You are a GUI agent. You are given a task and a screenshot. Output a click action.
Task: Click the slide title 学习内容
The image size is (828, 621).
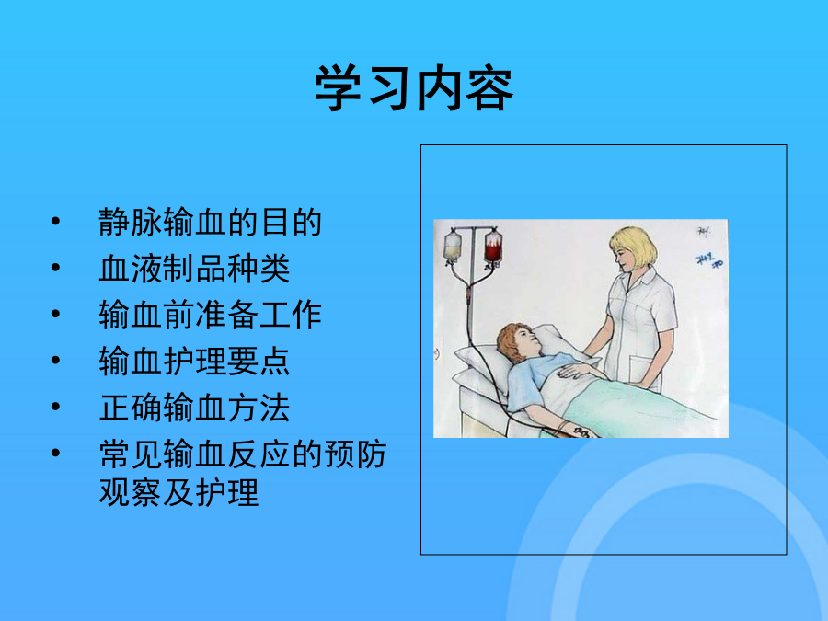point(414,88)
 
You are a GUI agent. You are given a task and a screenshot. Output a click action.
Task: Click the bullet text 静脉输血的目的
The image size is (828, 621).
point(210,223)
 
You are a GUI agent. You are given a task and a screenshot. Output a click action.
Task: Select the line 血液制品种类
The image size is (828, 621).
point(194,269)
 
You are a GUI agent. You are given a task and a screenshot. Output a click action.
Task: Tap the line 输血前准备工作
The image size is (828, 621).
point(210,316)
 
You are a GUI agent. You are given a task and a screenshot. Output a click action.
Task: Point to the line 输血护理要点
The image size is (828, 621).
point(194,362)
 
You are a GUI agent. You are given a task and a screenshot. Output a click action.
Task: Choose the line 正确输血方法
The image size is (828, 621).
point(194,408)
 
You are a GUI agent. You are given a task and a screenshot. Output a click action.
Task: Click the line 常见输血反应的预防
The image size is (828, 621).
point(243,454)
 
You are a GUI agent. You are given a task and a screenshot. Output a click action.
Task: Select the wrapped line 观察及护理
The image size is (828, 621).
point(178,492)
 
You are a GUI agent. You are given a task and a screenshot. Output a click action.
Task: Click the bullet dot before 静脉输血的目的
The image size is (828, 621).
point(55,221)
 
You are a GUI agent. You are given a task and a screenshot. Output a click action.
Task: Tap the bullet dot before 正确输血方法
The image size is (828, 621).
point(55,407)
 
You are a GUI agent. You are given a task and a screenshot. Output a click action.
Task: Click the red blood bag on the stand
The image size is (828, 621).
point(493,246)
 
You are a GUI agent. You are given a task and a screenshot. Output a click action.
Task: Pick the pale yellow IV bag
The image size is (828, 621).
point(453,246)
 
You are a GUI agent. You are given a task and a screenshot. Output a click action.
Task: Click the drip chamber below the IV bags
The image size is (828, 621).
point(468,296)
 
